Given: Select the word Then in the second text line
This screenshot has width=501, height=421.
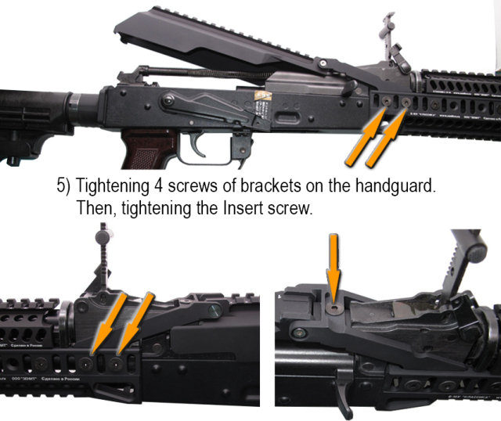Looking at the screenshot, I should [96, 210].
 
